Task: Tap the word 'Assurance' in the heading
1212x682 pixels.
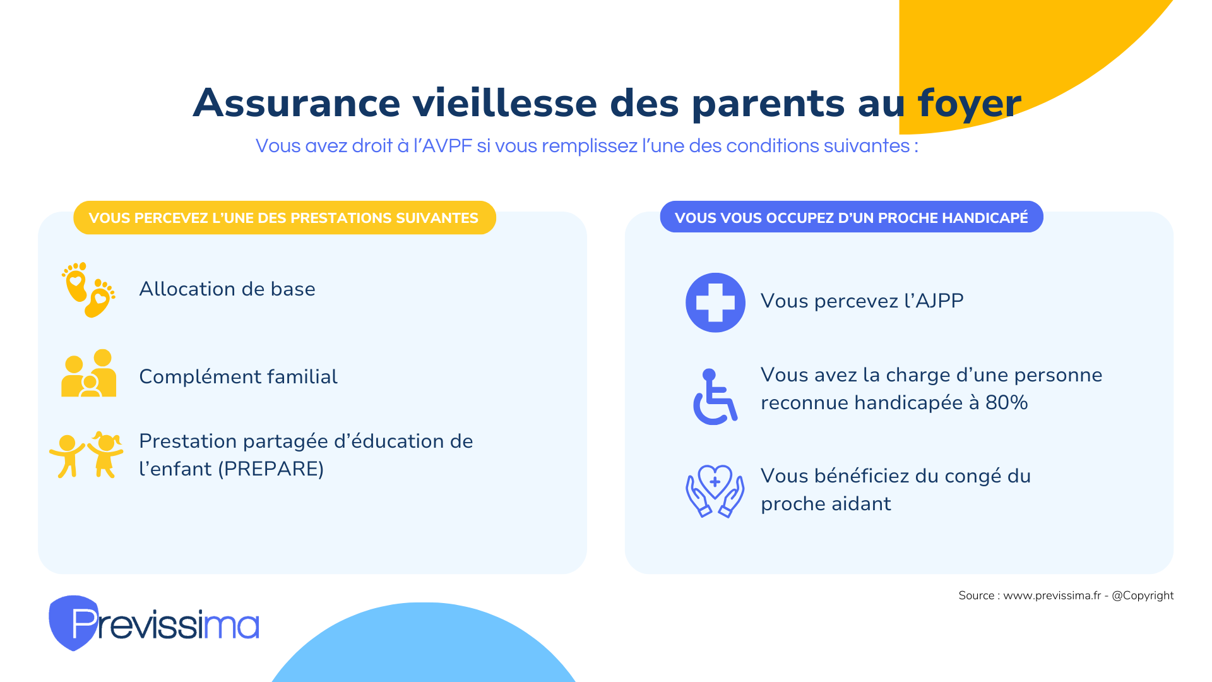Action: tap(297, 103)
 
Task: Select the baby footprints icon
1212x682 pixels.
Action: tap(88, 290)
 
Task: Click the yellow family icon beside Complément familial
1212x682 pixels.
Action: tap(88, 373)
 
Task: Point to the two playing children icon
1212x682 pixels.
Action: tap(86, 455)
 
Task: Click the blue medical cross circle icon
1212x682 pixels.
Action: tap(715, 302)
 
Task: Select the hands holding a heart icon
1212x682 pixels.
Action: tap(715, 491)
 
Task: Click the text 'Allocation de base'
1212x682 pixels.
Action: tap(227, 289)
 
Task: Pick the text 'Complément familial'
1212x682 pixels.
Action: tap(238, 377)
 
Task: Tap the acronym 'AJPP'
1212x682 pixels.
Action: tap(939, 301)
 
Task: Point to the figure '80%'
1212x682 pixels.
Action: tap(1007, 403)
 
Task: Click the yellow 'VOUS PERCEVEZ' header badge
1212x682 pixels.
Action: tap(285, 218)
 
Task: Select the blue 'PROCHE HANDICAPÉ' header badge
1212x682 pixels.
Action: tap(852, 217)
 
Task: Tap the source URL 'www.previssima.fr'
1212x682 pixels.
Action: tap(1052, 595)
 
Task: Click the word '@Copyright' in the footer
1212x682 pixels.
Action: tap(1143, 595)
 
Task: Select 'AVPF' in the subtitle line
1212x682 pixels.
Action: tap(447, 146)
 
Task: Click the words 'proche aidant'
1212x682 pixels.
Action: tap(826, 504)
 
